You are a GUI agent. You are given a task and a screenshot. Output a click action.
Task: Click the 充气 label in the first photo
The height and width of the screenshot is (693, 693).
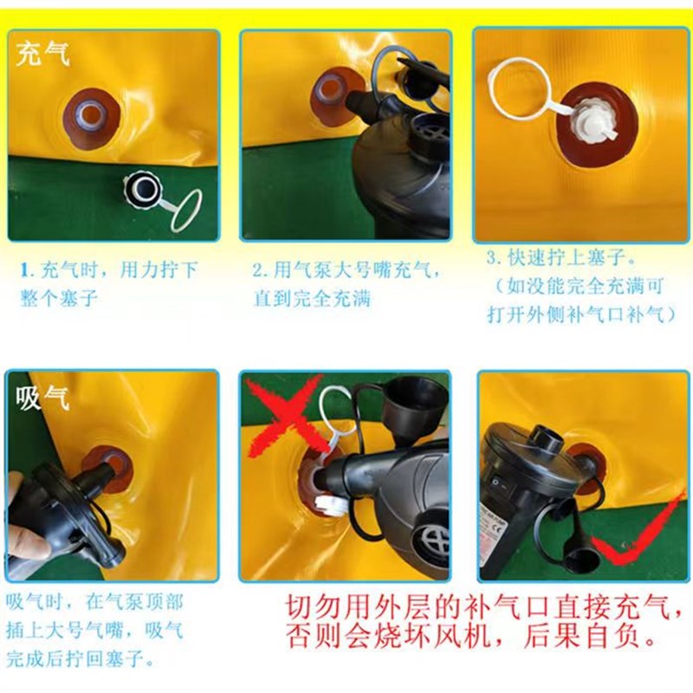coord(42,55)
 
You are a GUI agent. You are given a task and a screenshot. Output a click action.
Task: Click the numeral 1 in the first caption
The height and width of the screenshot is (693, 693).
coord(25,270)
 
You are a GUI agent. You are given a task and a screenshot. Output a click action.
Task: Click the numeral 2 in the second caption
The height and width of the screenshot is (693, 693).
coord(257,270)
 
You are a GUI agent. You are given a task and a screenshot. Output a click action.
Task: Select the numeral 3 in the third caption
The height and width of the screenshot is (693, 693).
coord(491,258)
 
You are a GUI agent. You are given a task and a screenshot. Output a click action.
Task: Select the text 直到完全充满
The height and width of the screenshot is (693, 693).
coord(312,299)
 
